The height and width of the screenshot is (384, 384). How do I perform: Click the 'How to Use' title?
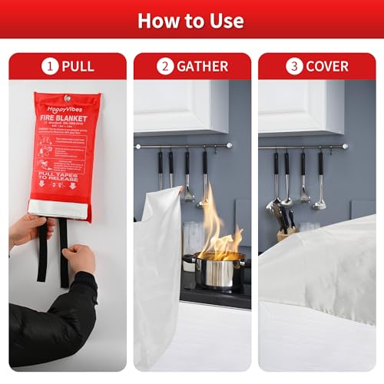[x=190, y=20]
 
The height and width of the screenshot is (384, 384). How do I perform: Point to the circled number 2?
[x=165, y=66]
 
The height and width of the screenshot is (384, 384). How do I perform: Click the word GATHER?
[x=202, y=66]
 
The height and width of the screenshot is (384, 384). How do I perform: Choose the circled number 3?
[x=294, y=66]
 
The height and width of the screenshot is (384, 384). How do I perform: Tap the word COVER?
[x=327, y=66]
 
